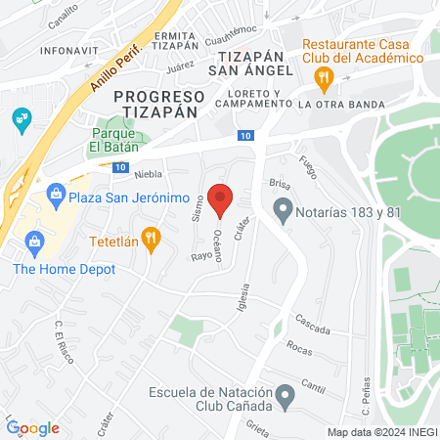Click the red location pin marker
pos(221,199)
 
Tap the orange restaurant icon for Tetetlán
pos(151,238)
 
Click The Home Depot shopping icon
pos(34,241)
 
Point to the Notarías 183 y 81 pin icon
pos(284,209)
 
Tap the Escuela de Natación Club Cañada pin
pos(285,397)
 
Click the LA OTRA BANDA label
pos(341,104)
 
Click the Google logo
pos(33,427)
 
